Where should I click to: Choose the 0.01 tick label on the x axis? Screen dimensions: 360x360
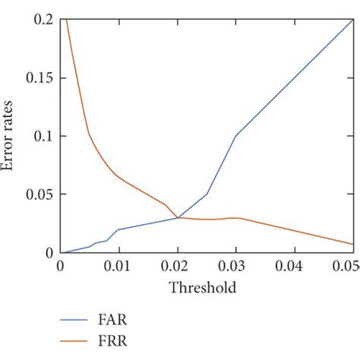(118, 267)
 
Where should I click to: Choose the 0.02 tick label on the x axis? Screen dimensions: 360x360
(177, 267)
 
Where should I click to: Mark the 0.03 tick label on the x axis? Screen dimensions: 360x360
(235, 267)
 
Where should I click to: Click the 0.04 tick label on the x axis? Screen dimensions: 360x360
(294, 267)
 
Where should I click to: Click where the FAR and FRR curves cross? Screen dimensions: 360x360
(178, 217)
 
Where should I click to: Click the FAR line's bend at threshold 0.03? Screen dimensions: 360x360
(236, 136)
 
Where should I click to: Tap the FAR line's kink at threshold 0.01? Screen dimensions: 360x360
(118, 229)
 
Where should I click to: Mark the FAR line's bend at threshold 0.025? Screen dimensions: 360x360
(207, 194)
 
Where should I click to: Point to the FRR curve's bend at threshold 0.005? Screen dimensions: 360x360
(89, 134)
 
